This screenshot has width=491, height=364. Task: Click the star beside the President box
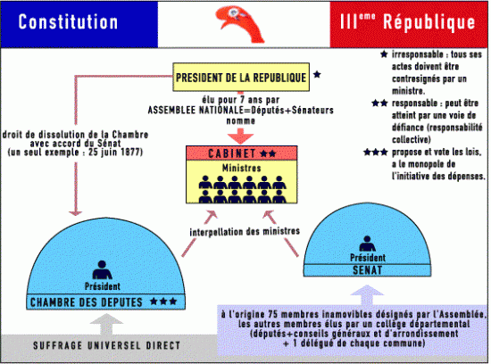(319, 76)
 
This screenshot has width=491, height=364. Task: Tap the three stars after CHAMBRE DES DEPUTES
(163, 302)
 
